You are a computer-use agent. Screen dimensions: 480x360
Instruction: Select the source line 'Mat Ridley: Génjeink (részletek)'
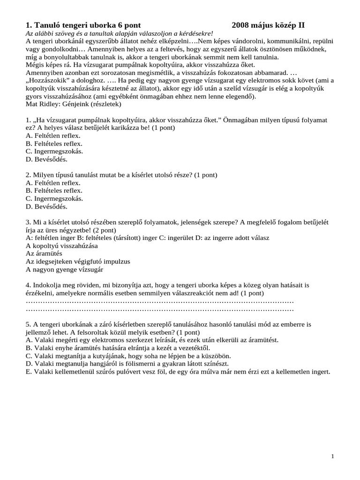tap(73, 104)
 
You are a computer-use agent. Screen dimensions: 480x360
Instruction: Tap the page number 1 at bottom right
tap(332, 457)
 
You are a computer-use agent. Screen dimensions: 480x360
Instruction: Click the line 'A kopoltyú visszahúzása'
tap(62, 246)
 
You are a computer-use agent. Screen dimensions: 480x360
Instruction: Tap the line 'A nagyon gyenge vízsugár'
tap(64, 270)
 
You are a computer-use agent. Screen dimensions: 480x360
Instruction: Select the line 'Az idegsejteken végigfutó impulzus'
tap(78, 262)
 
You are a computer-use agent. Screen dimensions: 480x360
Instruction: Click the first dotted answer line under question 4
tap(159, 301)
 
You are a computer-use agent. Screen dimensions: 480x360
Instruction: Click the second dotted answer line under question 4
tap(159, 309)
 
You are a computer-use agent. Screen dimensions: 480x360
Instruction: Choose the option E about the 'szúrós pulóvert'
tap(178, 372)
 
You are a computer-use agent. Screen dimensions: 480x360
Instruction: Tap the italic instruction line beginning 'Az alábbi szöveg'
tap(119, 34)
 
